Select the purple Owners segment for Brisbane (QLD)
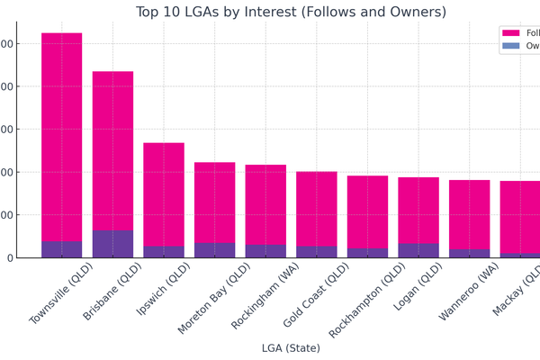tap(112, 244)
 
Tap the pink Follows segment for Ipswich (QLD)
tap(164, 194)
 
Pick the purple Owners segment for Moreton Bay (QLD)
tap(214, 250)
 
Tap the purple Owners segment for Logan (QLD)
tap(418, 251)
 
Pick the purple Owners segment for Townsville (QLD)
tap(61, 249)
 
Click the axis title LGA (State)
tap(291, 348)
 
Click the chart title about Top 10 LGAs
tap(291, 12)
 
